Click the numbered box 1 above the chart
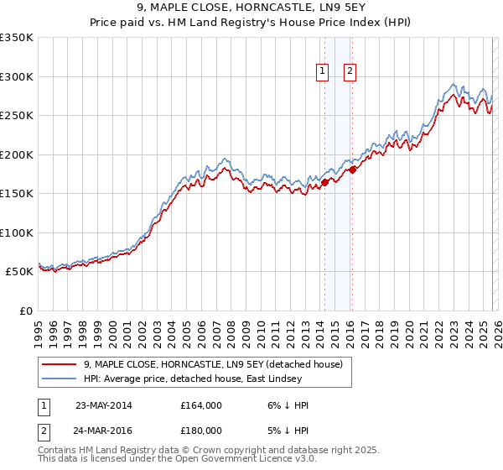[x=322, y=72]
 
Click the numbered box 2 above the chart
[x=350, y=72]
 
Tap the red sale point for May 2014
[x=324, y=183]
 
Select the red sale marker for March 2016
[x=352, y=170]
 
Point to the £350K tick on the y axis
[x=17, y=38]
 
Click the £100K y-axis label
[x=17, y=232]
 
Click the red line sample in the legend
[x=60, y=364]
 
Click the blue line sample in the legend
[x=60, y=379]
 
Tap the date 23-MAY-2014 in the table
[x=103, y=405]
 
